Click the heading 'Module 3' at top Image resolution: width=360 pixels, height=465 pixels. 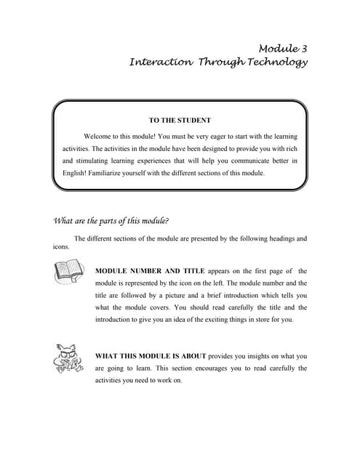[x=282, y=49]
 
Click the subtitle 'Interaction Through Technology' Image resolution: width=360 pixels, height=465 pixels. [x=218, y=62]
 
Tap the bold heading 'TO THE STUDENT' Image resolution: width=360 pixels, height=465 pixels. [x=179, y=120]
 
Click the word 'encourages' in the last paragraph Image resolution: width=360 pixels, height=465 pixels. [x=215, y=368]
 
